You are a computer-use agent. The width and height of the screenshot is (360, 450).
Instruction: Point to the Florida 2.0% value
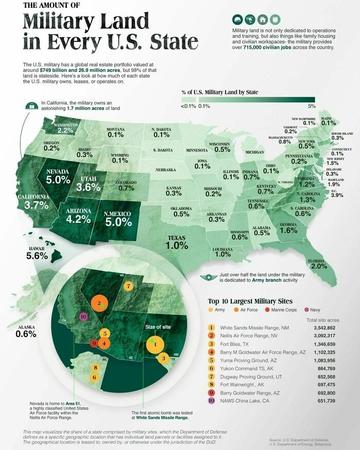click(x=318, y=266)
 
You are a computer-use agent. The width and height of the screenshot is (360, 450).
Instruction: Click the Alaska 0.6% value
click(x=26, y=333)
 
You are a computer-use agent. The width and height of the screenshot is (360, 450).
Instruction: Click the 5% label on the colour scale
click(x=311, y=105)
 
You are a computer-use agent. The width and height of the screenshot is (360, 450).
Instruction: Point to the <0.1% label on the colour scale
click(x=188, y=105)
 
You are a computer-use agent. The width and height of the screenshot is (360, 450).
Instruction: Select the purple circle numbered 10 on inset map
click(x=83, y=316)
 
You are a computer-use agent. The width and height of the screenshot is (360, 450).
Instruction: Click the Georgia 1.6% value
click(x=289, y=231)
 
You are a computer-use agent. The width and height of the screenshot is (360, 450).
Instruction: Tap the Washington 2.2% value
click(x=66, y=131)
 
